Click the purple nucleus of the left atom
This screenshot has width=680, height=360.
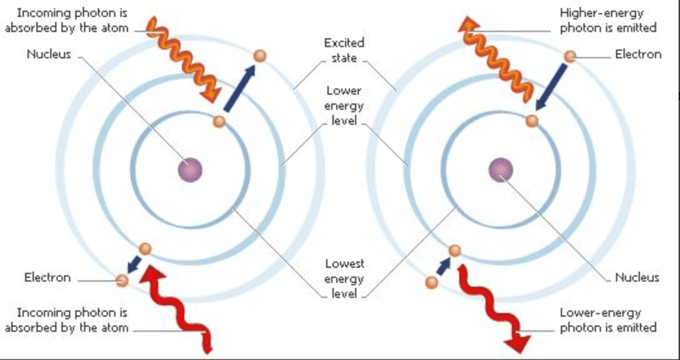pyautogui.click(x=190, y=169)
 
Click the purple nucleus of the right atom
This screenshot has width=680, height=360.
pyautogui.click(x=501, y=169)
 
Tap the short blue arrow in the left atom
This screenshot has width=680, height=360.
pyautogui.click(x=135, y=264)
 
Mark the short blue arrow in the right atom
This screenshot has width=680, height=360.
pyautogui.click(x=444, y=267)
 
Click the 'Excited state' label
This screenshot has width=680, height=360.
pyautogui.click(x=344, y=50)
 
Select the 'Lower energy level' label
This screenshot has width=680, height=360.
pyautogui.click(x=344, y=105)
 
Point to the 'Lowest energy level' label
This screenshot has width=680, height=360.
pyautogui.click(x=344, y=278)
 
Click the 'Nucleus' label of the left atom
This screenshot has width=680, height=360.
pyautogui.click(x=48, y=54)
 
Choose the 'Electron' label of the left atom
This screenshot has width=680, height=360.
pyautogui.click(x=47, y=277)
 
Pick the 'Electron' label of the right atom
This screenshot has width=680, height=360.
pyautogui.click(x=639, y=54)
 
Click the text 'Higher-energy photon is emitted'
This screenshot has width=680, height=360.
pyautogui.click(x=608, y=21)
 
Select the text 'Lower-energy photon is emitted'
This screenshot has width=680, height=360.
pyautogui.click(x=608, y=320)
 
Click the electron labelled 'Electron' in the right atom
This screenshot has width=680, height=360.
pyautogui.click(x=570, y=56)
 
